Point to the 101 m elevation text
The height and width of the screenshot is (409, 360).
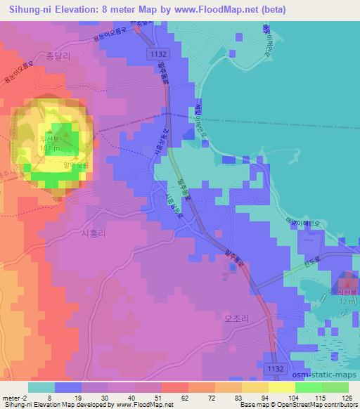point(49,148)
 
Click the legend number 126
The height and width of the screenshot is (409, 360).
point(344,398)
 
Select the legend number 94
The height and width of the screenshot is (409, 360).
point(265,398)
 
